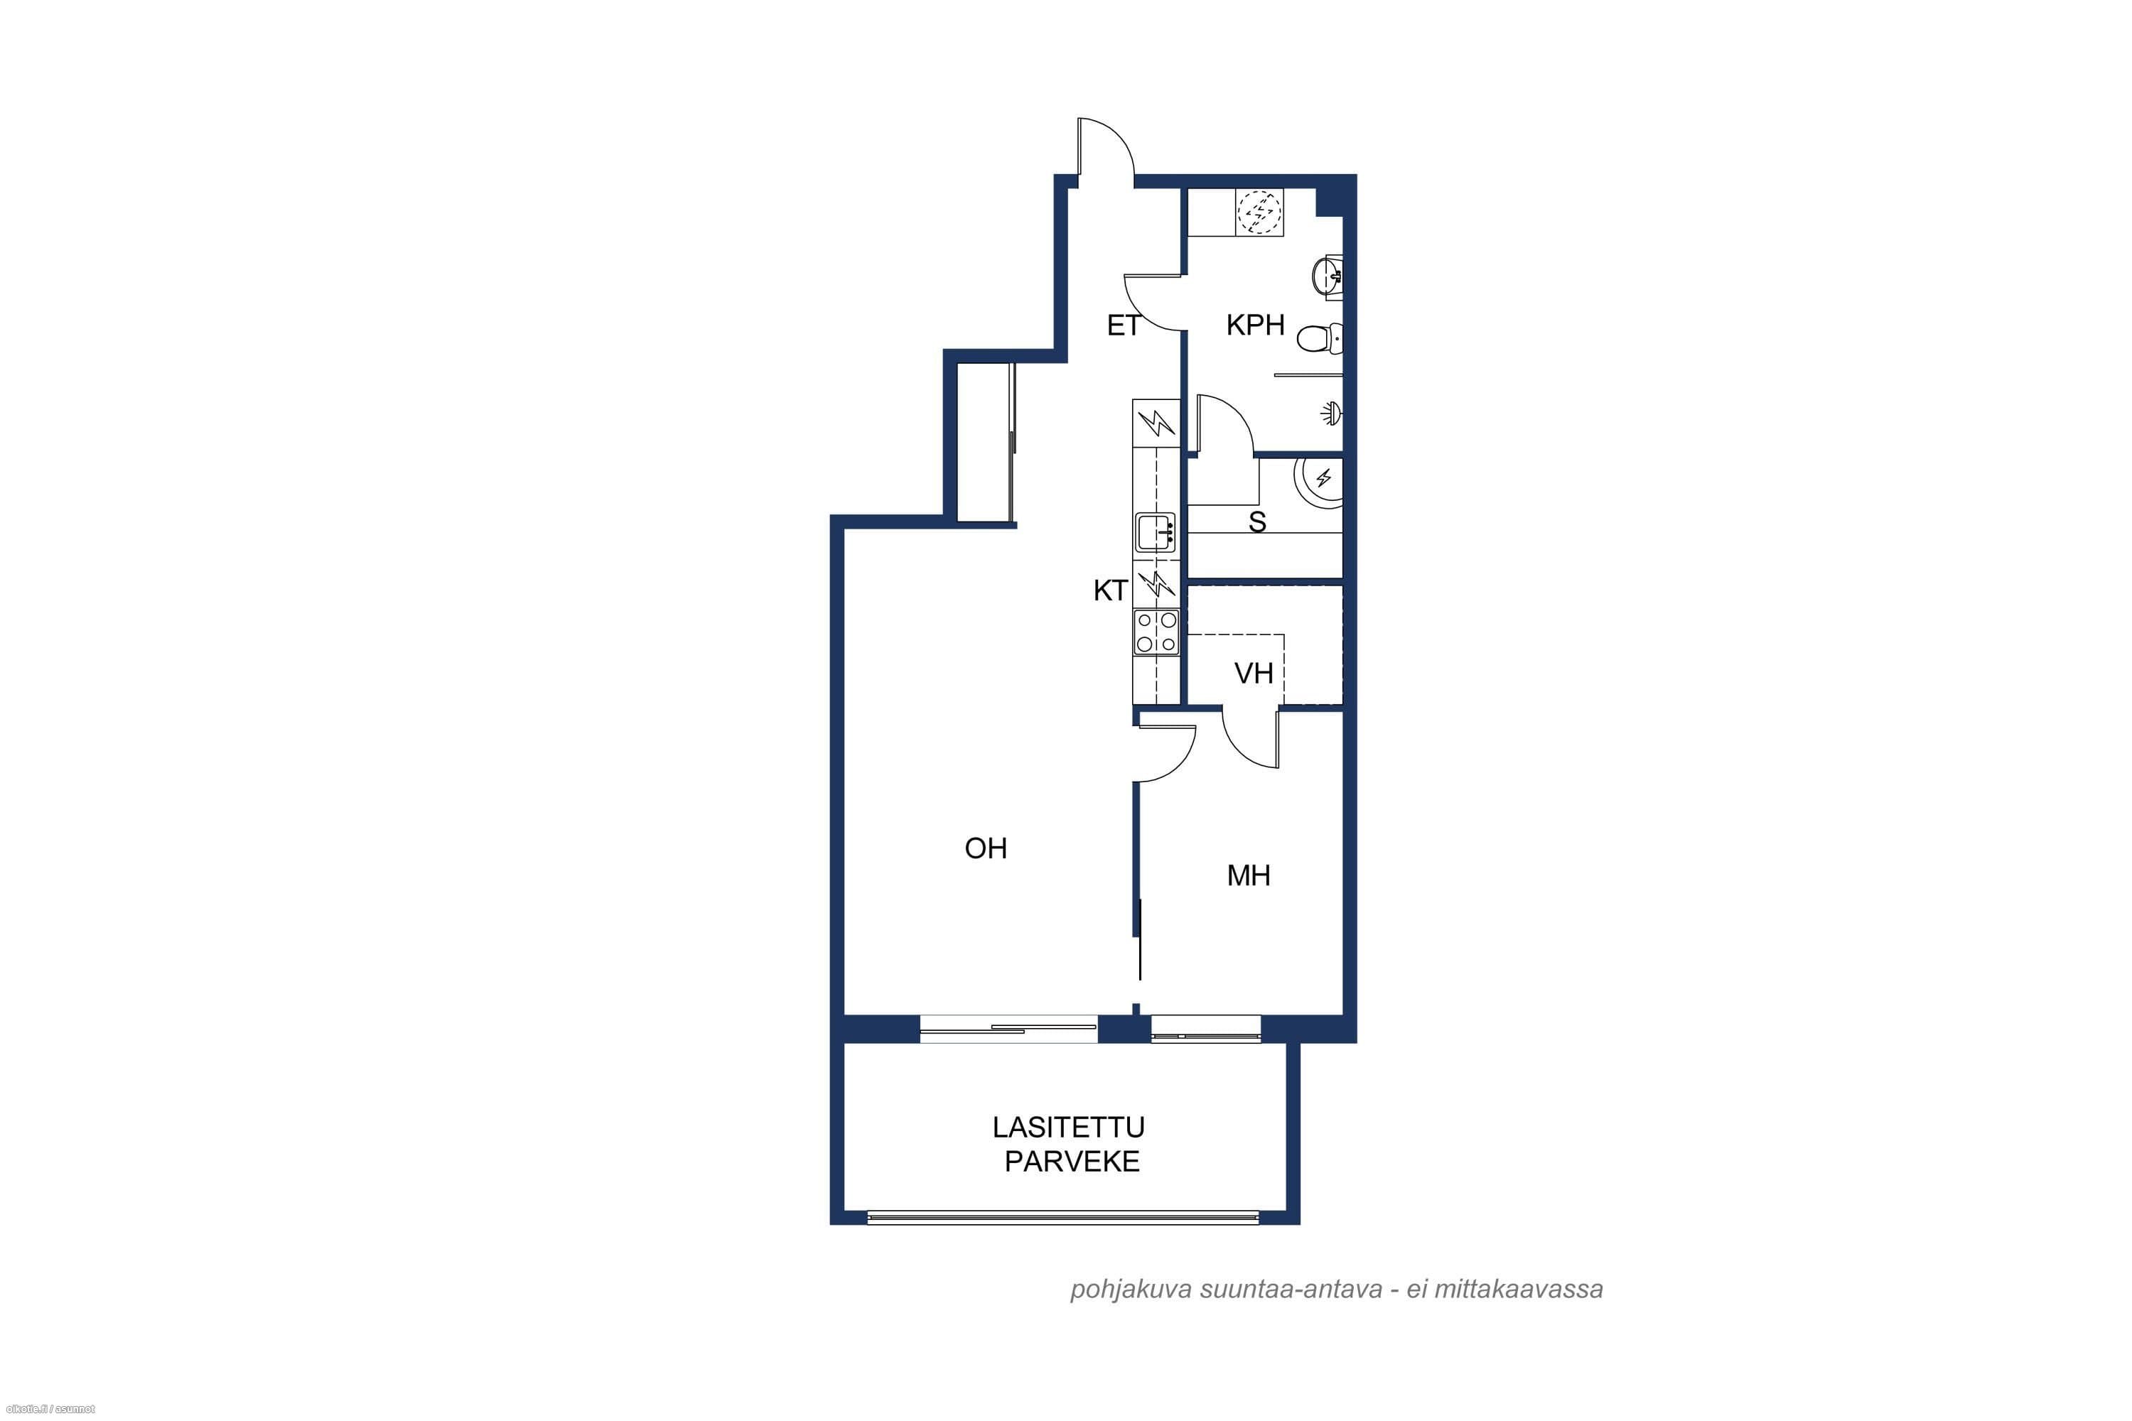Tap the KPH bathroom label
coord(1256,325)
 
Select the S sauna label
coord(1257,522)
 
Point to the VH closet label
coord(1254,674)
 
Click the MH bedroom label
coord(1248,875)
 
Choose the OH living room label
coord(985,848)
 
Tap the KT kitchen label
coord(1110,591)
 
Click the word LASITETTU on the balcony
coord(1068,1128)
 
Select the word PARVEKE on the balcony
coord(1072,1162)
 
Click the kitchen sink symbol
coord(1156,532)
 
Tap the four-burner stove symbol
coord(1156,632)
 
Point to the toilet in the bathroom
coord(1319,339)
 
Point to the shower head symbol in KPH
coord(1330,414)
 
